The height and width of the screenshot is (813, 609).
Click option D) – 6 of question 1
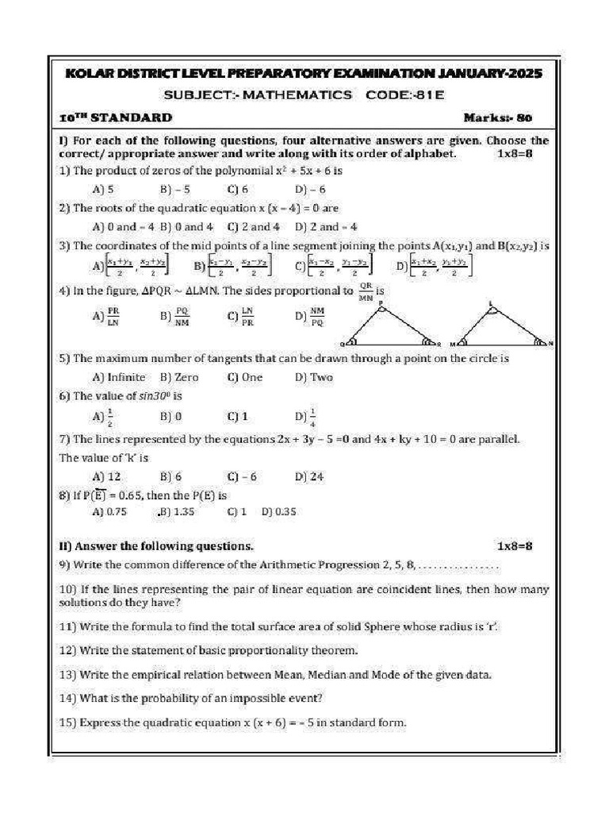[310, 189]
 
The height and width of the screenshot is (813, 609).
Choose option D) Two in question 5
[314, 377]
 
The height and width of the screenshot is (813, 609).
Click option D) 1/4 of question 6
[306, 415]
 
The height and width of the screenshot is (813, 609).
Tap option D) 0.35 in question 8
[278, 512]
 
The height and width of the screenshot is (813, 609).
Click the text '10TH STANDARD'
[116, 118]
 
